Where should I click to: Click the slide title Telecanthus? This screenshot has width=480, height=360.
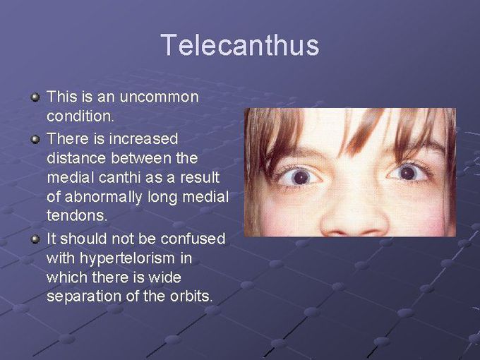pos(239,45)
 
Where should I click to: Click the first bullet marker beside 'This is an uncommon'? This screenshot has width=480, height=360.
pos(35,95)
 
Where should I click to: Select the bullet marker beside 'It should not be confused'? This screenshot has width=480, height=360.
pos(35,238)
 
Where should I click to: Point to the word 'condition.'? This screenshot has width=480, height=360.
pos(77,116)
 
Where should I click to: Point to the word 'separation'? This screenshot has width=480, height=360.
pos(83,296)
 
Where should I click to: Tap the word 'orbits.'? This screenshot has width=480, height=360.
pos(188,296)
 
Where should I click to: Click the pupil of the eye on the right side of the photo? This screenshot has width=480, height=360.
pos(407,172)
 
